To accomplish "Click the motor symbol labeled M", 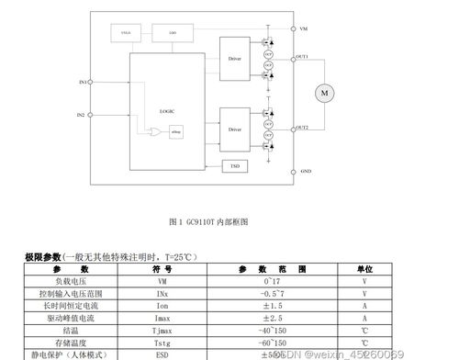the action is click(x=324, y=92).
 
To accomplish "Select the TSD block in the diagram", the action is click(x=235, y=166).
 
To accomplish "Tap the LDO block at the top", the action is click(x=173, y=33).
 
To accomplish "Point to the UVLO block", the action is click(x=127, y=33).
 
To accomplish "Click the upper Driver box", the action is click(x=235, y=59).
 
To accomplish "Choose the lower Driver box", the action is click(x=235, y=129).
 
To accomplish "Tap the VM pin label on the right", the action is click(x=304, y=29).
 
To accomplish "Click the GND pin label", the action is click(x=306, y=172).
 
